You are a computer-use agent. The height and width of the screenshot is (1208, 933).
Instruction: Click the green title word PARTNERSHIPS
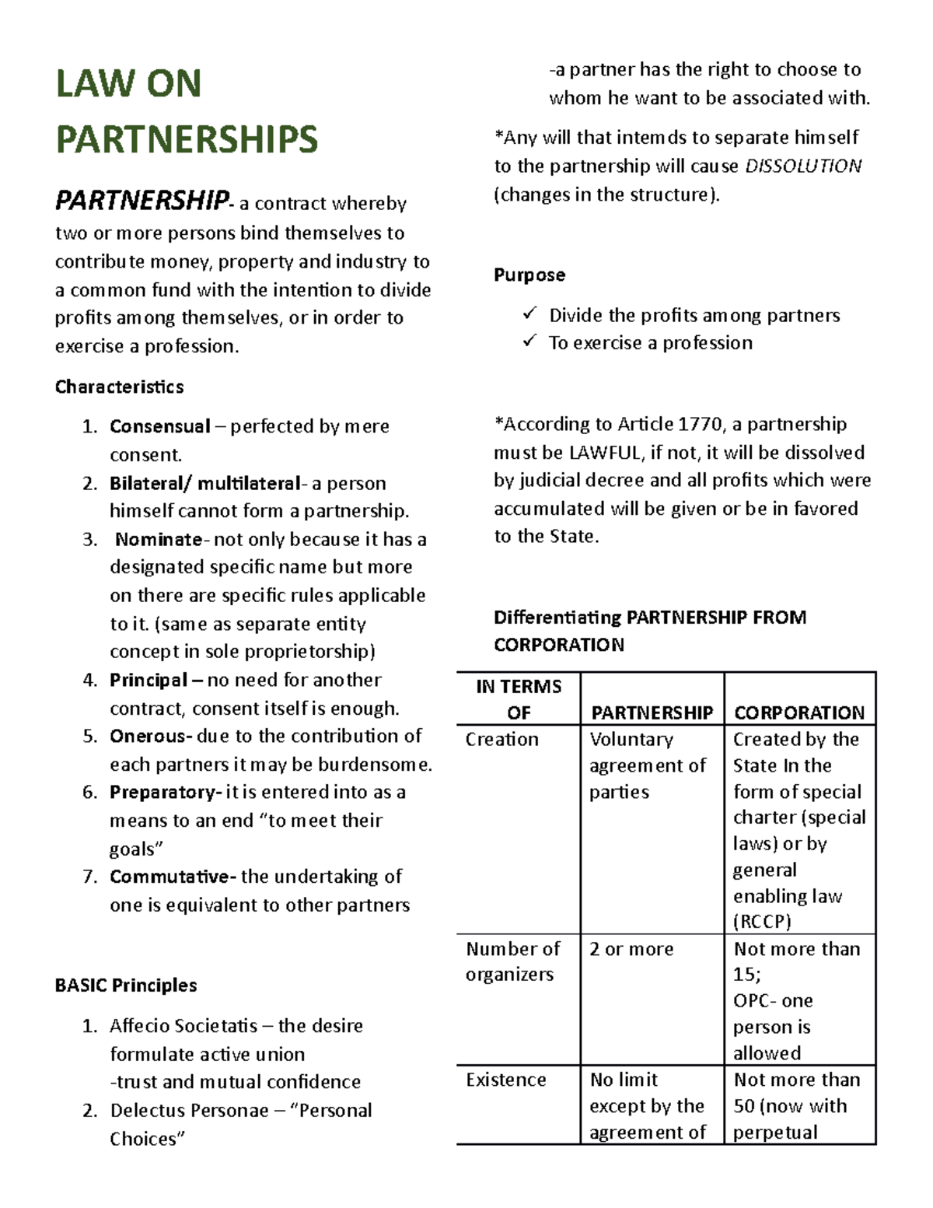(187, 140)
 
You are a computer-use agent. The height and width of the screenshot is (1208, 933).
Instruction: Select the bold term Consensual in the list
(159, 426)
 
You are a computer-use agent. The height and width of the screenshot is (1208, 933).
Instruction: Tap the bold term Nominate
(159, 539)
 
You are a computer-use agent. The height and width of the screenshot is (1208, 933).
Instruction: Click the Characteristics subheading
(119, 387)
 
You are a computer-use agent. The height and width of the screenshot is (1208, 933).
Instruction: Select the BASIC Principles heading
(125, 985)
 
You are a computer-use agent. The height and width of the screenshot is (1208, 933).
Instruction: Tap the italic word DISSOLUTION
(803, 166)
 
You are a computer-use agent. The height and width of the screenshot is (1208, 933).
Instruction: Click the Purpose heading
(529, 275)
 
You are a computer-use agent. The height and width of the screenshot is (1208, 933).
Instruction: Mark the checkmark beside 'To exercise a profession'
(530, 341)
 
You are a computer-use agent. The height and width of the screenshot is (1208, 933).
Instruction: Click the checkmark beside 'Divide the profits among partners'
(530, 313)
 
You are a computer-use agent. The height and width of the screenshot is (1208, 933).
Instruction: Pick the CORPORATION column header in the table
(798, 713)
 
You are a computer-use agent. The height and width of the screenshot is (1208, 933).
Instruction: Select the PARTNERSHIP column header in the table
(652, 713)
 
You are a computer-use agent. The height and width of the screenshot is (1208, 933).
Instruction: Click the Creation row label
(501, 739)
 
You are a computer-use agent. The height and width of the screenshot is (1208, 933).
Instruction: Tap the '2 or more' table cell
(631, 949)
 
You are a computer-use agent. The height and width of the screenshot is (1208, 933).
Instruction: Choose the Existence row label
(505, 1080)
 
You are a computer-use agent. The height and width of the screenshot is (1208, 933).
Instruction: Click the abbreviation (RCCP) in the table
(761, 922)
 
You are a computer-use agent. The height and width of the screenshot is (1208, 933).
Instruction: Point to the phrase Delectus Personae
(189, 1110)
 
